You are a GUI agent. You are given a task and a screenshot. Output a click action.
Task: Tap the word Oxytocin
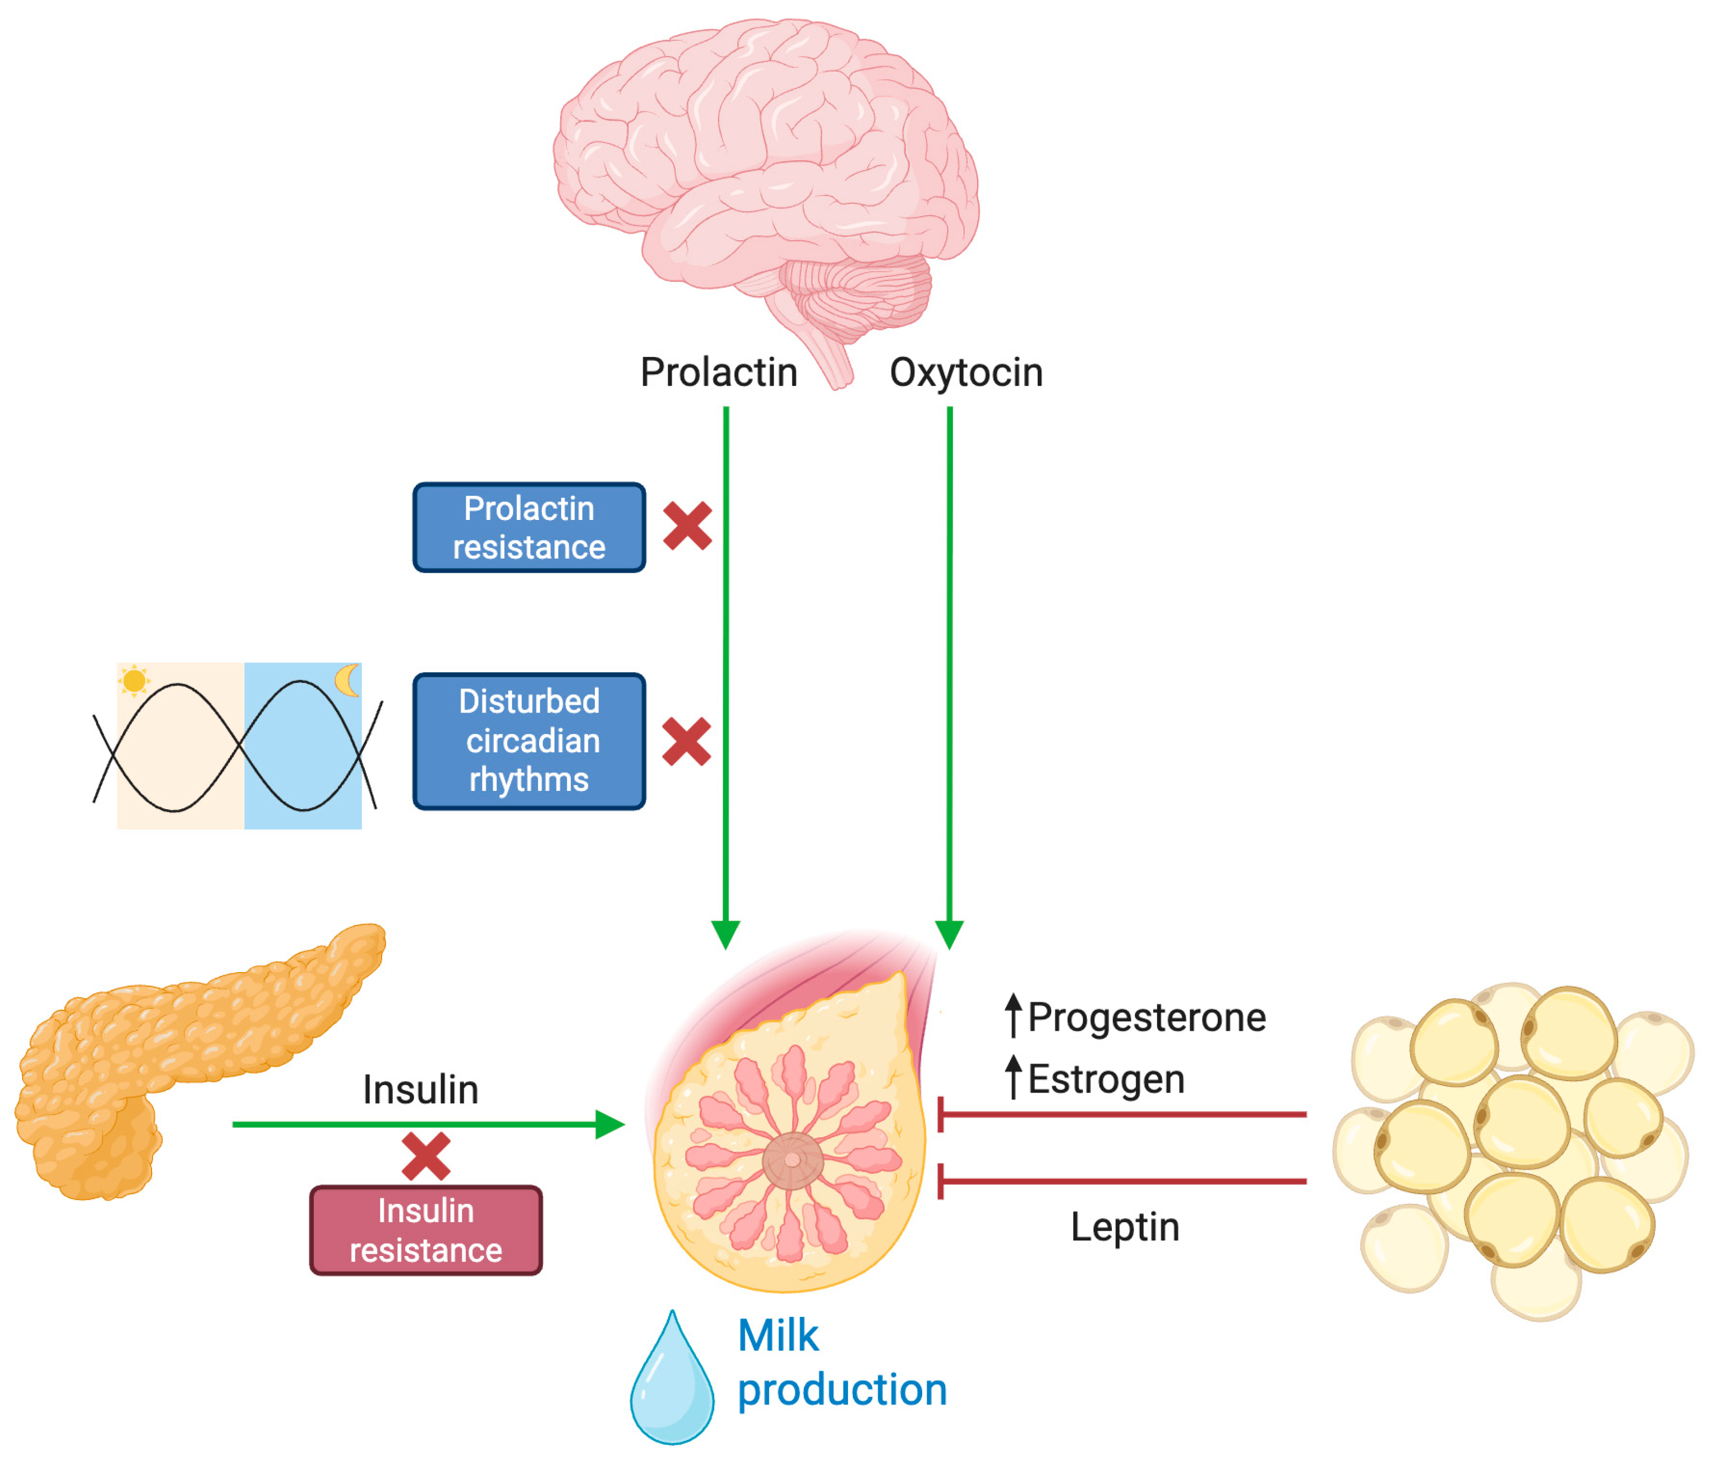pyautogui.click(x=966, y=372)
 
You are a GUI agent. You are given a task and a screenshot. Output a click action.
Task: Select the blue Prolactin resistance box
pyautogui.click(x=528, y=527)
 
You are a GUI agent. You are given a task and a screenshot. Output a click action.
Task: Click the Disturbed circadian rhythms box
pyautogui.click(x=528, y=740)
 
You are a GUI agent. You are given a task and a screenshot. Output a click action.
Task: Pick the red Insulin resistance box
pyautogui.click(x=426, y=1230)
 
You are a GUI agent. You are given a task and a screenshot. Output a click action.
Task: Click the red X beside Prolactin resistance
pyautogui.click(x=687, y=526)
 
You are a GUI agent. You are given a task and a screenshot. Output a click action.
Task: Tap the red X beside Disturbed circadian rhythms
pyautogui.click(x=686, y=741)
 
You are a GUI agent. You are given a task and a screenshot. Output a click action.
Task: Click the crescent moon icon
pyautogui.click(x=348, y=680)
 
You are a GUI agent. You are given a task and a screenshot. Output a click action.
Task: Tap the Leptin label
pyautogui.click(x=1124, y=1226)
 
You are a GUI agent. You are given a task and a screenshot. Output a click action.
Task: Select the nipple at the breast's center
pyautogui.click(x=792, y=1160)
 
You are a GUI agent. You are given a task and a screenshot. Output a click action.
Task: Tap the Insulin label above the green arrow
pyautogui.click(x=420, y=1090)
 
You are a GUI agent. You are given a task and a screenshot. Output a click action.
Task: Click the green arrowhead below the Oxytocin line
pyautogui.click(x=949, y=935)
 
